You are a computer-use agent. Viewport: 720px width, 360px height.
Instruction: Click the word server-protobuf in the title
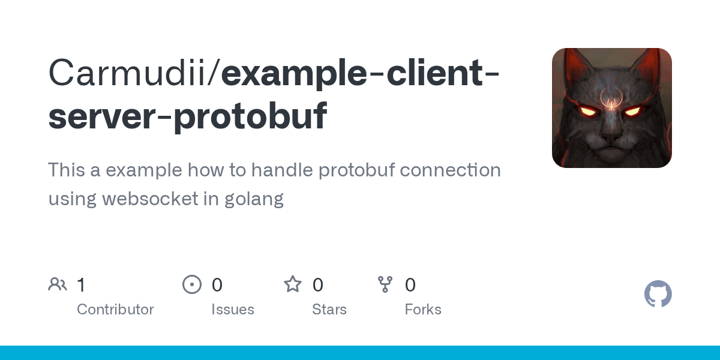coord(188,116)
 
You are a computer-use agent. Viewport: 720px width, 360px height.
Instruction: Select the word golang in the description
coord(254,199)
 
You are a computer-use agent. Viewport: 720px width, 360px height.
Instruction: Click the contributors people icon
coord(58,284)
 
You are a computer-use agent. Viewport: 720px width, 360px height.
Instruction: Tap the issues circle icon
coord(192,284)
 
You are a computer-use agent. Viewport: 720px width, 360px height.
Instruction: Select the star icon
coord(293,284)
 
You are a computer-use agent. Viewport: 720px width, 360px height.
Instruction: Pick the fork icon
coord(385,284)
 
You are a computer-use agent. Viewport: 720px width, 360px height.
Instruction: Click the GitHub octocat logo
coord(658,294)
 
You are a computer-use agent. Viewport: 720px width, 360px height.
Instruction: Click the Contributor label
coord(115,310)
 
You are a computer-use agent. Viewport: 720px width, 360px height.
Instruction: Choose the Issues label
coord(233,310)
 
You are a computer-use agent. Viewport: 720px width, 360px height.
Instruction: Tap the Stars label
coord(329,310)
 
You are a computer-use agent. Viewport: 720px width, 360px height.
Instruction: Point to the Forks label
coord(423,310)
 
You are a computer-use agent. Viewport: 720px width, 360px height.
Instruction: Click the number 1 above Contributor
coord(82,285)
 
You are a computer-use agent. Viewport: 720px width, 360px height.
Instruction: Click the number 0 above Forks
coord(410,285)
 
